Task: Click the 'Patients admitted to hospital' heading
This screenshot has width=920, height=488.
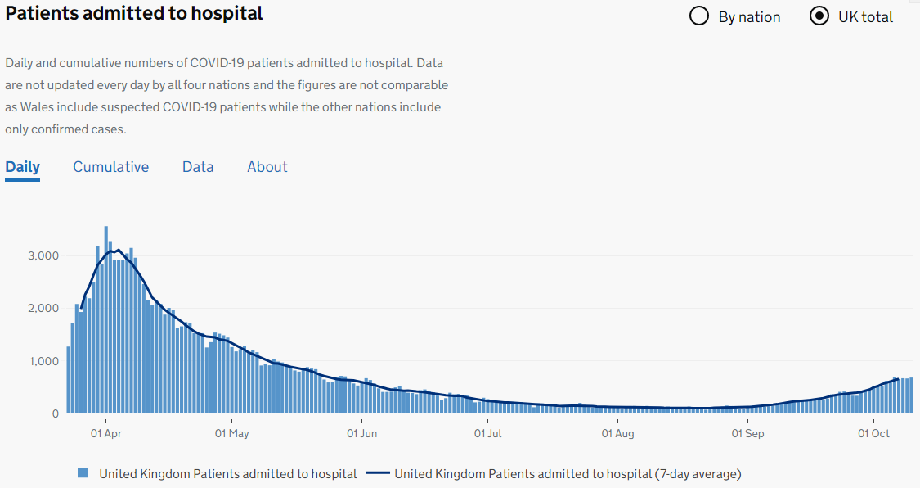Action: (134, 14)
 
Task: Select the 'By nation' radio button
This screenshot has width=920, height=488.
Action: (699, 16)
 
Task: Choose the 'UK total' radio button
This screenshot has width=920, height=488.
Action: (819, 16)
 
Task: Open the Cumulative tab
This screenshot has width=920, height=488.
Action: (110, 167)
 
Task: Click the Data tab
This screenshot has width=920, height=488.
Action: (198, 167)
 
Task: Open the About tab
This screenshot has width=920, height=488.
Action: (267, 167)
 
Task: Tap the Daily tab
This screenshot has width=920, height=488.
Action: (22, 167)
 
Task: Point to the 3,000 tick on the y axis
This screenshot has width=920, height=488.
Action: (43, 255)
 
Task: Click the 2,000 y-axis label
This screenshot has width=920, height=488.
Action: (43, 308)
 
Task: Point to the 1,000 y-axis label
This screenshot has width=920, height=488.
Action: (43, 361)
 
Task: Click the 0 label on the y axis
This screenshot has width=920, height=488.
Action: (56, 413)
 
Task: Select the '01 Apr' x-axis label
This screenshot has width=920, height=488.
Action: (106, 433)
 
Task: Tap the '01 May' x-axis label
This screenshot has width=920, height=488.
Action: (232, 433)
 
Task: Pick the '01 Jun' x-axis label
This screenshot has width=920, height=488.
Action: (361, 433)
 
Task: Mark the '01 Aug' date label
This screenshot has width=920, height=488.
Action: (617, 433)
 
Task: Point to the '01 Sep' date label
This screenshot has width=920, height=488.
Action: (747, 433)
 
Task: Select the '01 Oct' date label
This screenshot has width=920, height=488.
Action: (873, 433)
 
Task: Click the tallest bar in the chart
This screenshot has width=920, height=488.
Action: (106, 319)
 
